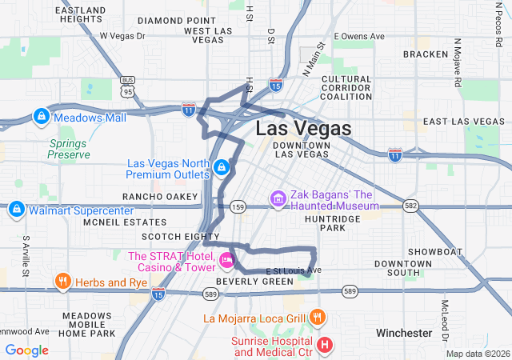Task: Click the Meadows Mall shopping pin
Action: point(40,117)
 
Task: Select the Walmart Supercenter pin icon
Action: point(15,210)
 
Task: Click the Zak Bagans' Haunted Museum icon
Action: point(278,198)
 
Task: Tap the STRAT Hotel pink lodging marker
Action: point(226,259)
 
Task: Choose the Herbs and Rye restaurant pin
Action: point(62,282)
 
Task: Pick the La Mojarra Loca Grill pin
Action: point(318,317)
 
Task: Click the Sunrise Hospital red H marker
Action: point(325,346)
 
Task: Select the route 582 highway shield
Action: point(410,206)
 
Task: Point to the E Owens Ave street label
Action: point(359,36)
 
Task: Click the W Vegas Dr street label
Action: point(122,36)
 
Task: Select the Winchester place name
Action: point(404,332)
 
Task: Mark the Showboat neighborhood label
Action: point(435,251)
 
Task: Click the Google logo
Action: point(27,350)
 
